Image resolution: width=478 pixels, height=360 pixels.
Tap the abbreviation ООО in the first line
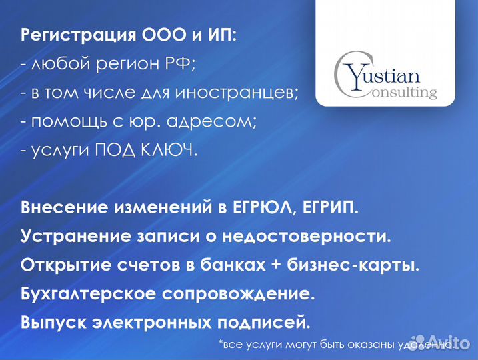[x=161, y=35]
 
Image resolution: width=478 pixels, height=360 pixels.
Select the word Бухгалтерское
[x=85, y=294]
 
